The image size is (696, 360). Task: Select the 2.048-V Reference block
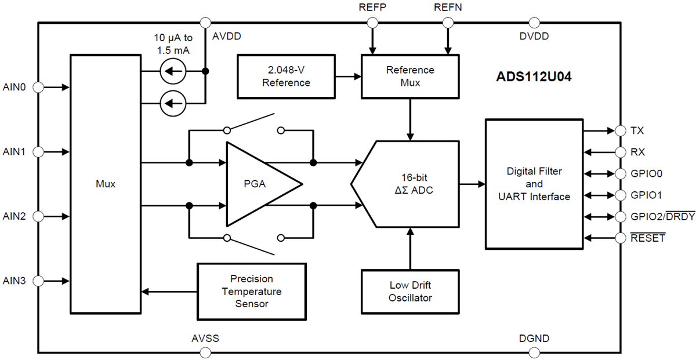pos(286,76)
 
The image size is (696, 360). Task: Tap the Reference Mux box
pos(410,76)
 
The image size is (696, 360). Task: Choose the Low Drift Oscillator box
pos(410,292)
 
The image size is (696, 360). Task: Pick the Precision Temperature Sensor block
pos(251,291)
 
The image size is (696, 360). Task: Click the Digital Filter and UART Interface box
pos(534,184)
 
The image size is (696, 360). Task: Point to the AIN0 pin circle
pos(38,87)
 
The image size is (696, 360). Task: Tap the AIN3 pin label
pos(14,281)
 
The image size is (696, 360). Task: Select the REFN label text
pos(447,8)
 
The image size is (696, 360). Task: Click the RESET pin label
pos(647,238)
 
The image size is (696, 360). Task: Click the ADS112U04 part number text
pos(534,77)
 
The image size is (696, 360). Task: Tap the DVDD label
pos(534,36)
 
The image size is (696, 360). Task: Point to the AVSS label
pos(205,339)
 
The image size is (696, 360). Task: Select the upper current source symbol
pos(172,72)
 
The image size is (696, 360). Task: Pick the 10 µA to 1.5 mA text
pos(174,44)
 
